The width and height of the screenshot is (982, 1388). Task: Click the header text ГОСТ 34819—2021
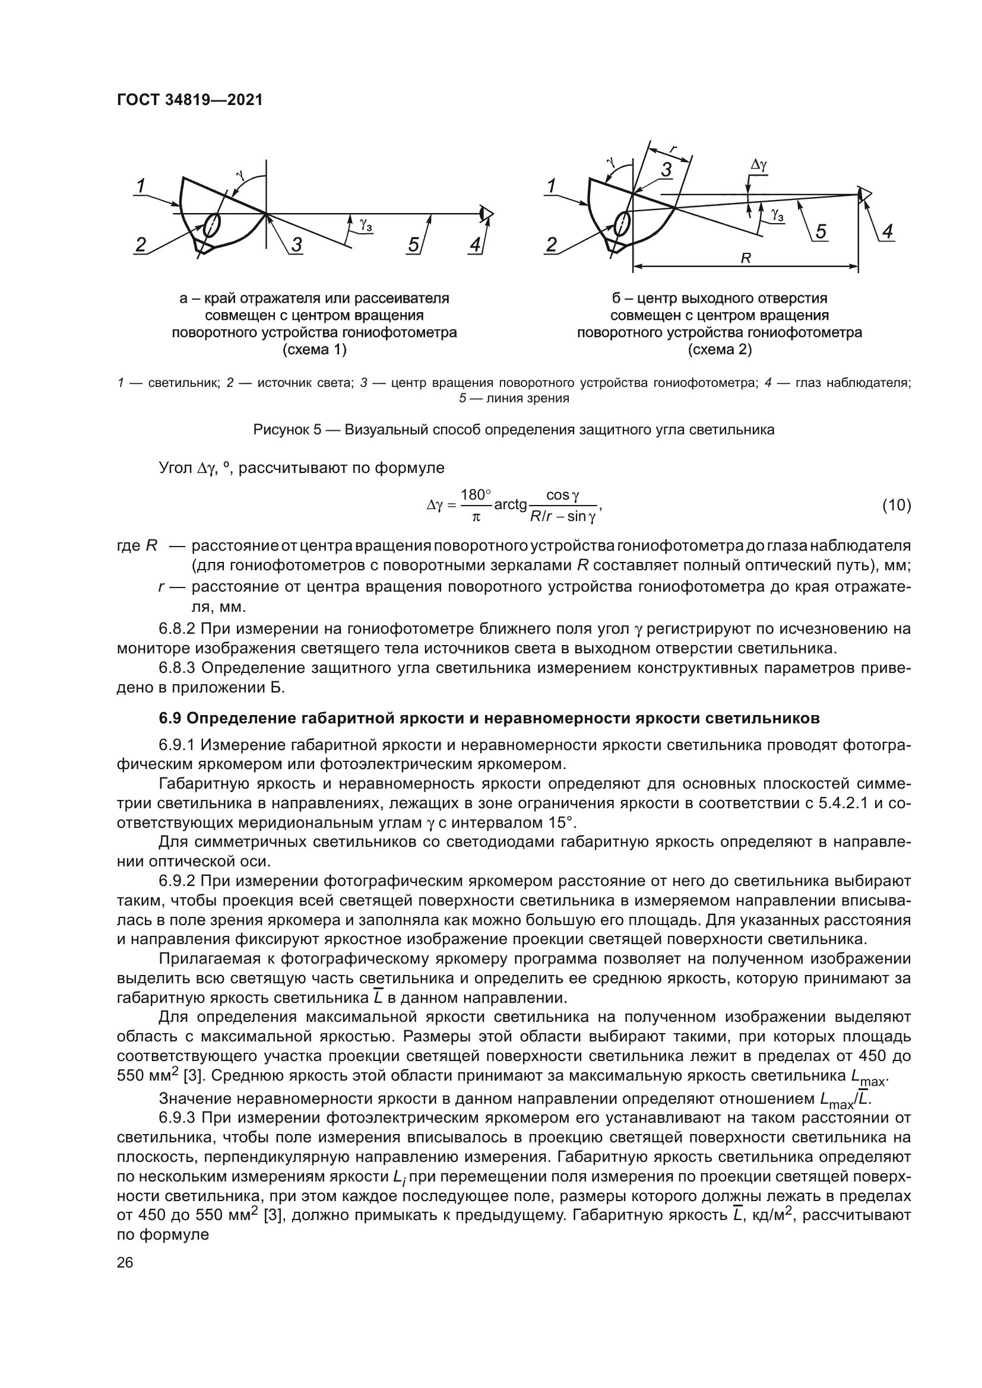tap(189, 100)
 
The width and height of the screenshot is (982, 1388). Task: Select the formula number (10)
tap(896, 506)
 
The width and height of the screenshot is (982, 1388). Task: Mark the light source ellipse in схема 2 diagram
tap(622, 223)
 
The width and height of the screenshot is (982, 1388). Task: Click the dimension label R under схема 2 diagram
tap(746, 259)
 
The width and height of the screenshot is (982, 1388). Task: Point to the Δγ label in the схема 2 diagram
tap(759, 164)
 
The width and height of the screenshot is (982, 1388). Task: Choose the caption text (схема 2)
tap(720, 350)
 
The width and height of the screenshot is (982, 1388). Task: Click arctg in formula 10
tap(511, 505)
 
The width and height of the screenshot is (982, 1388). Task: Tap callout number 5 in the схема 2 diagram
tap(821, 232)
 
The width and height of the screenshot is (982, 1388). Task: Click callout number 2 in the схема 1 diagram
tap(140, 245)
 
